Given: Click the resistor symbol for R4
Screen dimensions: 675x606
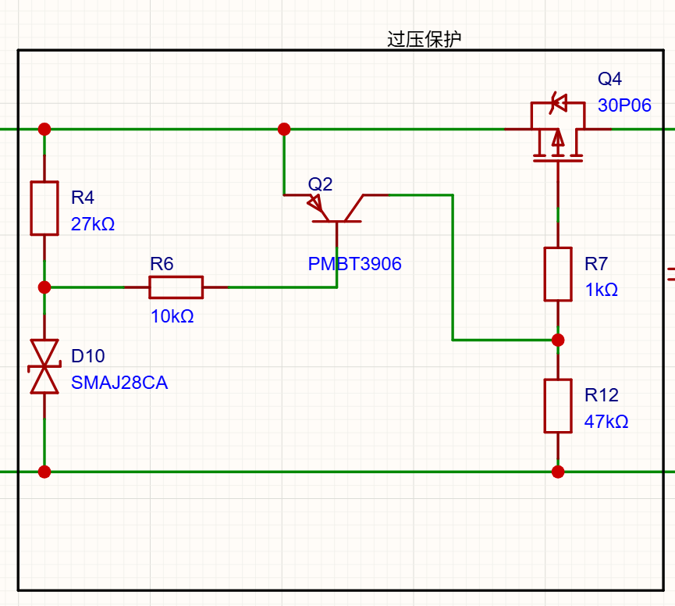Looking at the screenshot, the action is pyautogui.click(x=44, y=208).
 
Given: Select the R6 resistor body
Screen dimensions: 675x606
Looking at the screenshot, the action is pyautogui.click(x=176, y=287).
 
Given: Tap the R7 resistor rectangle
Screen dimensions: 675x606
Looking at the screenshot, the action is pyautogui.click(x=558, y=274).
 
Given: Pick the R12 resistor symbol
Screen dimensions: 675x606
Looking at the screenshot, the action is pyautogui.click(x=558, y=406).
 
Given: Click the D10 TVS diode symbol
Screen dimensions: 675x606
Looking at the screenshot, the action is pyautogui.click(x=44, y=366).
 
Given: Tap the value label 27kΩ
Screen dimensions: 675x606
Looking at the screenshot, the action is pyautogui.click(x=93, y=224).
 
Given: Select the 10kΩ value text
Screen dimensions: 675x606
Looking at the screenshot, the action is pyautogui.click(x=172, y=316).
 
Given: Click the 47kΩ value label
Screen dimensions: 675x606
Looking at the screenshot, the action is pyautogui.click(x=606, y=421).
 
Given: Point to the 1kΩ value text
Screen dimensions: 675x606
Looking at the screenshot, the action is pyautogui.click(x=601, y=290).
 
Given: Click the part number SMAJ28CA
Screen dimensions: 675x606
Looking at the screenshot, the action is pyautogui.click(x=119, y=383).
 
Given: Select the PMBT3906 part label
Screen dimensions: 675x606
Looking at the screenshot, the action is pyautogui.click(x=354, y=264).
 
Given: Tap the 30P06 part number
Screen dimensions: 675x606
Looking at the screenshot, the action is pyautogui.click(x=624, y=105).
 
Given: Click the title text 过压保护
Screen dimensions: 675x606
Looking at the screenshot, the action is pyautogui.click(x=424, y=39).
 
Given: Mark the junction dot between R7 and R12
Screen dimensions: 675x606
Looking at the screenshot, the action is pyautogui.click(x=558, y=340).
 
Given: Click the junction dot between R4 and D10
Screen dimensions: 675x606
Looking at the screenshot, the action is pyautogui.click(x=44, y=287).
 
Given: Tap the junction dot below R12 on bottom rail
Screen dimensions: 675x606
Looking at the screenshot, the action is pyautogui.click(x=558, y=472).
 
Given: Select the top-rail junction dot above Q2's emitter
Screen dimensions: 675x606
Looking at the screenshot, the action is pyautogui.click(x=284, y=129).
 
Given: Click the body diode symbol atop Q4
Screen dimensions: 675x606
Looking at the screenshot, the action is pyautogui.click(x=559, y=103).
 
